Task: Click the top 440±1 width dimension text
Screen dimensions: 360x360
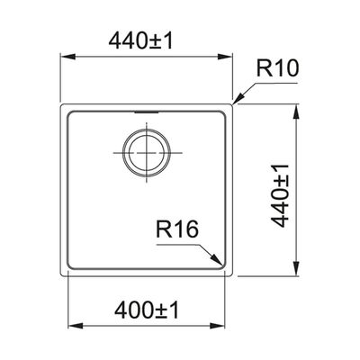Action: [140, 41]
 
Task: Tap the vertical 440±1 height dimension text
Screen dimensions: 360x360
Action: [280, 195]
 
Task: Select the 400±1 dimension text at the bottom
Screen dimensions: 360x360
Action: [147, 310]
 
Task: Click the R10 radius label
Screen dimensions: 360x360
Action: [277, 68]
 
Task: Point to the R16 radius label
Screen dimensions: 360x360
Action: [177, 229]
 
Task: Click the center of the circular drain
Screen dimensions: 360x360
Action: [147, 153]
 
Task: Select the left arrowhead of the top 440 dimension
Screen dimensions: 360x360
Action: [67, 57]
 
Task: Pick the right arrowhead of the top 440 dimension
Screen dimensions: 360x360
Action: [225, 57]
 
